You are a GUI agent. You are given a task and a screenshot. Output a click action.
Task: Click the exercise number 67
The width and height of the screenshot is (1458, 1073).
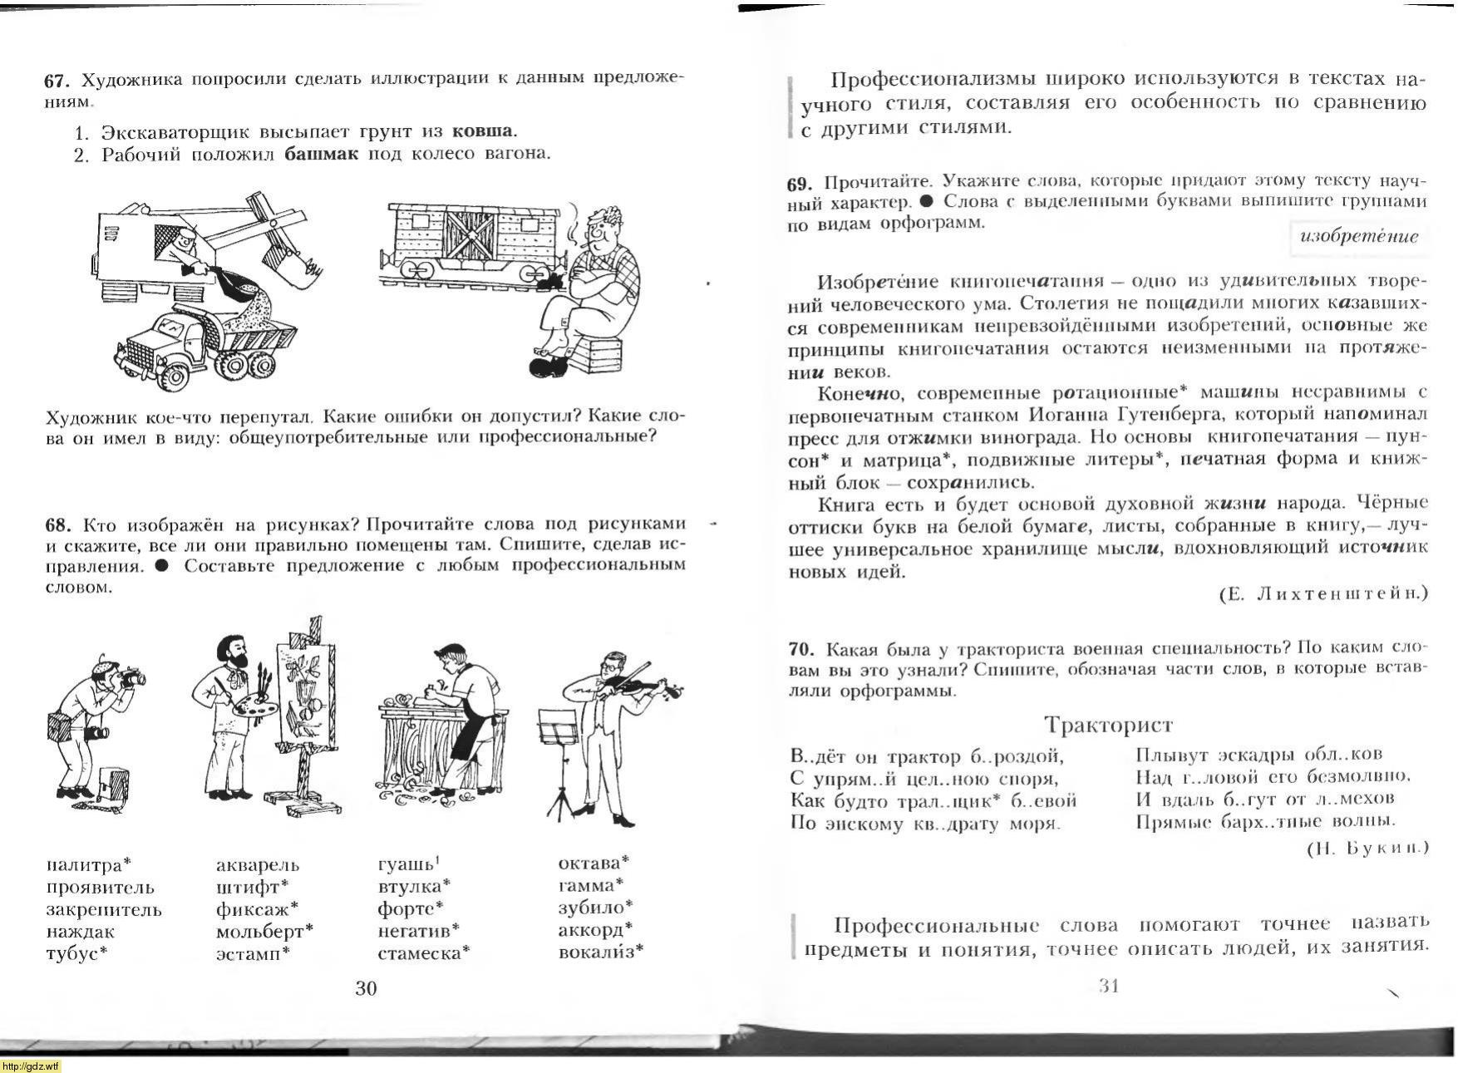click(54, 81)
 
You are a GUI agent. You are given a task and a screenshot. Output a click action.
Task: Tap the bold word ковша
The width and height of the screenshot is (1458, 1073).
click(482, 131)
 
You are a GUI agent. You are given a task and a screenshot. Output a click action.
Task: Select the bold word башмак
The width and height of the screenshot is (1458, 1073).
click(320, 154)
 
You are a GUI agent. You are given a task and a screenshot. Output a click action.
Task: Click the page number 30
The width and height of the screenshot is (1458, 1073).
click(366, 987)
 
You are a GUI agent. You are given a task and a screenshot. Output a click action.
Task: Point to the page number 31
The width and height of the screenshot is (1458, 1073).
click(1109, 986)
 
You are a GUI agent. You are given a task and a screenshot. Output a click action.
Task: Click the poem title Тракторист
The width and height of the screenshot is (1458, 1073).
click(1108, 725)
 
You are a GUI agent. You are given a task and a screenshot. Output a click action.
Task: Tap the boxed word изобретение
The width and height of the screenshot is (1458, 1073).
click(1359, 236)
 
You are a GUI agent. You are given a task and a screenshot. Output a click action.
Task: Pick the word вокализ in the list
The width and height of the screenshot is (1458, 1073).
click(597, 952)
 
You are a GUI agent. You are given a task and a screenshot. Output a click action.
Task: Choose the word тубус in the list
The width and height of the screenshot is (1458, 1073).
click(73, 953)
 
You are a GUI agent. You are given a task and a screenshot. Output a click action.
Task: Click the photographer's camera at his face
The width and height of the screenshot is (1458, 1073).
click(131, 680)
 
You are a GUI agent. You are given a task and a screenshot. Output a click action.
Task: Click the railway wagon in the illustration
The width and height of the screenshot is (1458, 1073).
click(474, 237)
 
